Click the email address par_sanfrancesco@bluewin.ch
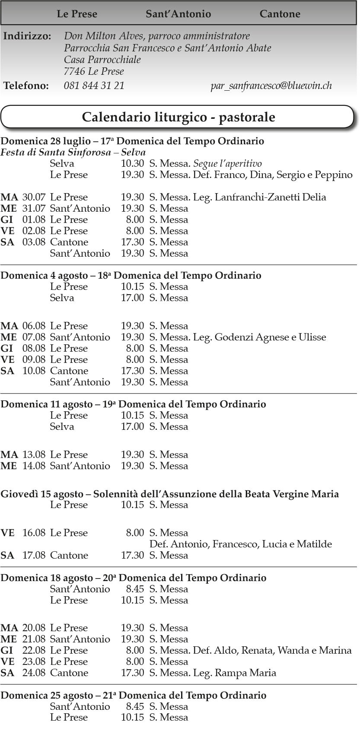pos(271,86)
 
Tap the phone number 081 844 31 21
pos(94,86)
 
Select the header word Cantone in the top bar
pos(280,14)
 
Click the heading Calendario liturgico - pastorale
pos(178,117)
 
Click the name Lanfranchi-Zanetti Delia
pos(270,197)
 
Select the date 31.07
pos(34,208)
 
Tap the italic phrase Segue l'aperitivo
pos(227,163)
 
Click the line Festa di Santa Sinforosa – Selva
pos(73,152)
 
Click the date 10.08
pos(34,371)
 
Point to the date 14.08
pos(34,466)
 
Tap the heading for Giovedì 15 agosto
pos(169,494)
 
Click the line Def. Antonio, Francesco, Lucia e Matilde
pos(240,544)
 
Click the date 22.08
pos(34,650)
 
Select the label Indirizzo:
pos(27,36)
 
